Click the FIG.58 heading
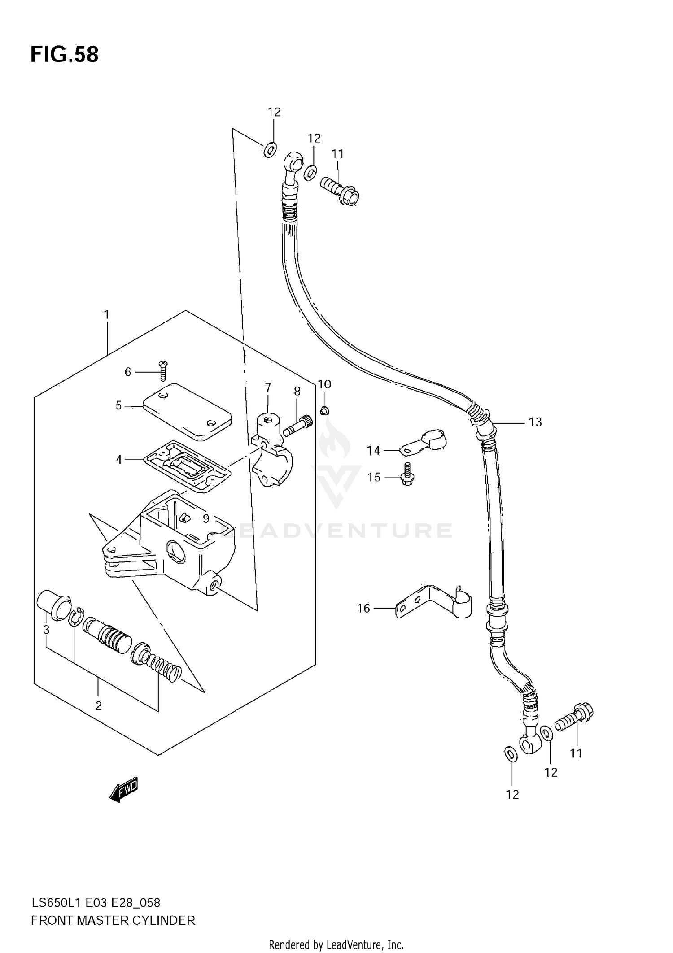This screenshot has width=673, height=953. coord(65,54)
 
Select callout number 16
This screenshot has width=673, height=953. coord(363,608)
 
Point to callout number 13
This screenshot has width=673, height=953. coord(535,422)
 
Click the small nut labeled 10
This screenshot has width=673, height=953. coord(323,409)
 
